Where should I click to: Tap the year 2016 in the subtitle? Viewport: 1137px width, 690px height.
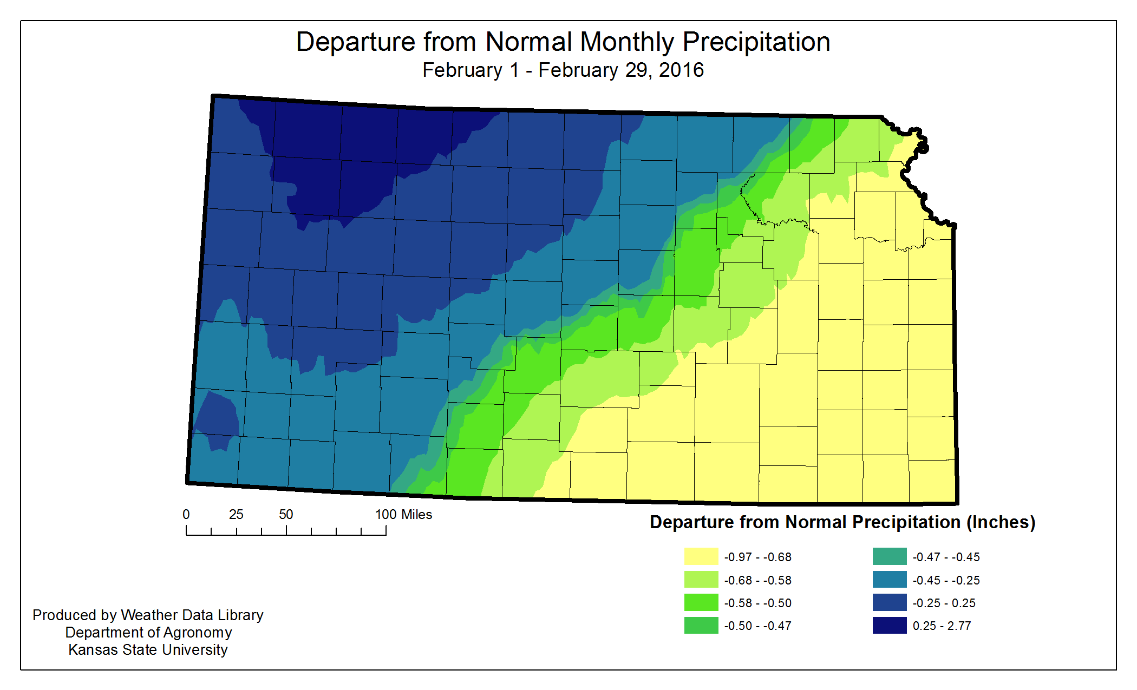point(681,70)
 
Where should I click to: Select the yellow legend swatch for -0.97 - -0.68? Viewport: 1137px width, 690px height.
point(701,556)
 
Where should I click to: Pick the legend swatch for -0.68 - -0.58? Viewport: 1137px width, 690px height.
point(701,580)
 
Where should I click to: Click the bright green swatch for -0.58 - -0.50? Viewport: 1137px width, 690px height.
point(701,602)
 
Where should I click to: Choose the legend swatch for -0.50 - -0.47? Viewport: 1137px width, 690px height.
point(701,625)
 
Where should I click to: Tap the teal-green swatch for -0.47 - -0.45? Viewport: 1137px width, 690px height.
point(889,556)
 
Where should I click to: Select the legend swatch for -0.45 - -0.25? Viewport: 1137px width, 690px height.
point(889,580)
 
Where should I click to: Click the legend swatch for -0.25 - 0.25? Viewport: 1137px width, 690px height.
point(889,602)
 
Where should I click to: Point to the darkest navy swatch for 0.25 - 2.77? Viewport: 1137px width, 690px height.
point(889,625)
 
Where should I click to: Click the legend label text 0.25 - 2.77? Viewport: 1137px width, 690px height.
point(942,626)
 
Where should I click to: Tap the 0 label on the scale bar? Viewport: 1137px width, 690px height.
point(186,515)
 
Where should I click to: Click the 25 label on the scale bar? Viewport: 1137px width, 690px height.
point(236,515)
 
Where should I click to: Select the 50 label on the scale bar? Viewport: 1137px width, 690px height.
point(286,515)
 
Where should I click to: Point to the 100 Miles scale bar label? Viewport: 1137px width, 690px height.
point(403,515)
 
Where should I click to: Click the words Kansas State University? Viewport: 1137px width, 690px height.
point(148,649)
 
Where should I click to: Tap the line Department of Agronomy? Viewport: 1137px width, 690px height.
point(148,632)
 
